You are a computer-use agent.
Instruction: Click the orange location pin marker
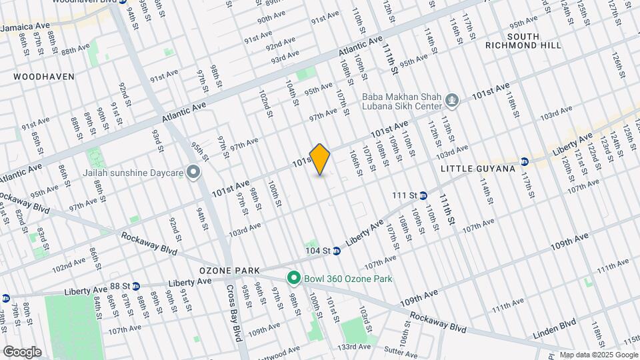(320, 159)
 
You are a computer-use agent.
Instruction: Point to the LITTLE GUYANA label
(477, 169)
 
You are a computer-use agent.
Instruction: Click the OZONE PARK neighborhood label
(228, 271)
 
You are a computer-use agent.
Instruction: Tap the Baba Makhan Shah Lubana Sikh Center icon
(453, 101)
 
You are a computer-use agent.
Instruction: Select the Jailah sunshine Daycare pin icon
(194, 173)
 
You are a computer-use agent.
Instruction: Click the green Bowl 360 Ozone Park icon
(292, 278)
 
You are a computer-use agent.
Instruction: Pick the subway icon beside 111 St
(424, 195)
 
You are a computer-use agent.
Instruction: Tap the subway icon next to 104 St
(337, 251)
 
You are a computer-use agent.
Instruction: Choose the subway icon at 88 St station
(135, 286)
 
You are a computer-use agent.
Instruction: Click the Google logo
(22, 352)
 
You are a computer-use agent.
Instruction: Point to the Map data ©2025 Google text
(598, 355)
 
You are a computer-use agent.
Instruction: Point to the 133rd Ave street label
(354, 347)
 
